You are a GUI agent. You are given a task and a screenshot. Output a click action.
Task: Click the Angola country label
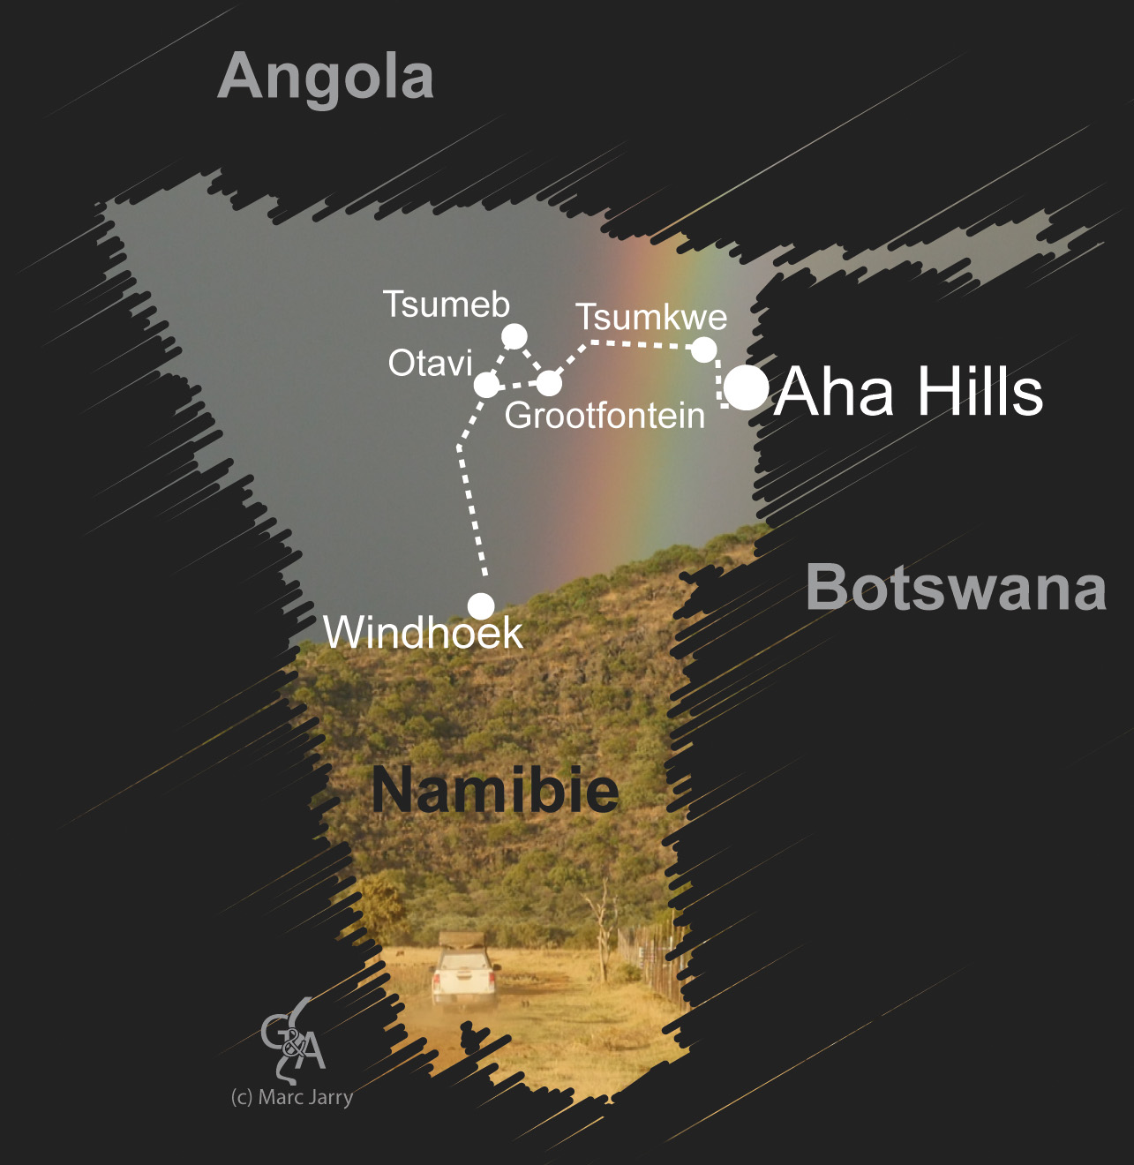coord(326,77)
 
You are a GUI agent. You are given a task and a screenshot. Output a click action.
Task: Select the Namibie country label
coord(495,789)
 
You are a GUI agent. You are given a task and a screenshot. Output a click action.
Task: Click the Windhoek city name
coord(424,632)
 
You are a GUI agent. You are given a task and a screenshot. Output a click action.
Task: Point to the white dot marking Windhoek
coord(481,606)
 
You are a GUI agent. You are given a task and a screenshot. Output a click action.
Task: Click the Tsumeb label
coord(447,304)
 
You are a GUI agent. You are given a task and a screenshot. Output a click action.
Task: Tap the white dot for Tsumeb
coord(514,336)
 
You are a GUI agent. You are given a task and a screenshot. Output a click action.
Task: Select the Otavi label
coord(431,363)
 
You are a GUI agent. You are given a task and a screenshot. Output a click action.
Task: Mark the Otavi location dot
coord(486,385)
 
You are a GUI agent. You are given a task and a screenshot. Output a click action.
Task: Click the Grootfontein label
coord(605,415)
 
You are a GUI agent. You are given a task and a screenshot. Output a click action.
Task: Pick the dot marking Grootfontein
coord(549,383)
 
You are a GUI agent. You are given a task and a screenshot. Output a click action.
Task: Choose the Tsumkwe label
coord(651,317)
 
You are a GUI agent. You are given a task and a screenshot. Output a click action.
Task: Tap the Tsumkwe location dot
coord(703,350)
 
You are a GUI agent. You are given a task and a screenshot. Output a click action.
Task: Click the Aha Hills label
coord(909,391)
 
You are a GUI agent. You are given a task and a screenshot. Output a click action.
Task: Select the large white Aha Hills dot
coord(747,388)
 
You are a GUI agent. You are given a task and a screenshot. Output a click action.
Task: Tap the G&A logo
coord(294,1039)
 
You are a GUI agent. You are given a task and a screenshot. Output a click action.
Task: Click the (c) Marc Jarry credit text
coord(292,1097)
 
